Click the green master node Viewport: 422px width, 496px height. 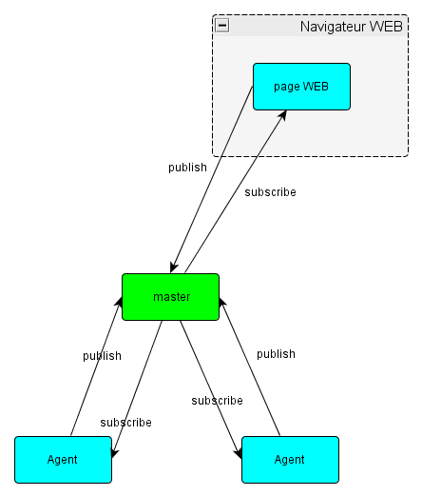coord(171,297)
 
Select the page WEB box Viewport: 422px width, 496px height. coord(301,87)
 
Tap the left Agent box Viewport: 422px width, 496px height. coord(63,460)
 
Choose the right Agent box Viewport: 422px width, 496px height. coord(290,460)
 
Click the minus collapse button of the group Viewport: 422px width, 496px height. coord(222,26)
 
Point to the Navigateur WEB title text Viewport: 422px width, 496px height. coord(351,26)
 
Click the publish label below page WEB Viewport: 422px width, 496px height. coord(187,168)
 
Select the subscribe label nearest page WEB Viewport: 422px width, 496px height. coord(270,192)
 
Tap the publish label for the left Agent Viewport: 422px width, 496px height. coord(102,356)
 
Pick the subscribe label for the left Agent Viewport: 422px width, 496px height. coord(125,422)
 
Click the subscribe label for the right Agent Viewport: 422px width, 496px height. coord(217,401)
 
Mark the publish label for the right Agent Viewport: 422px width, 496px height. coord(276,354)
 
